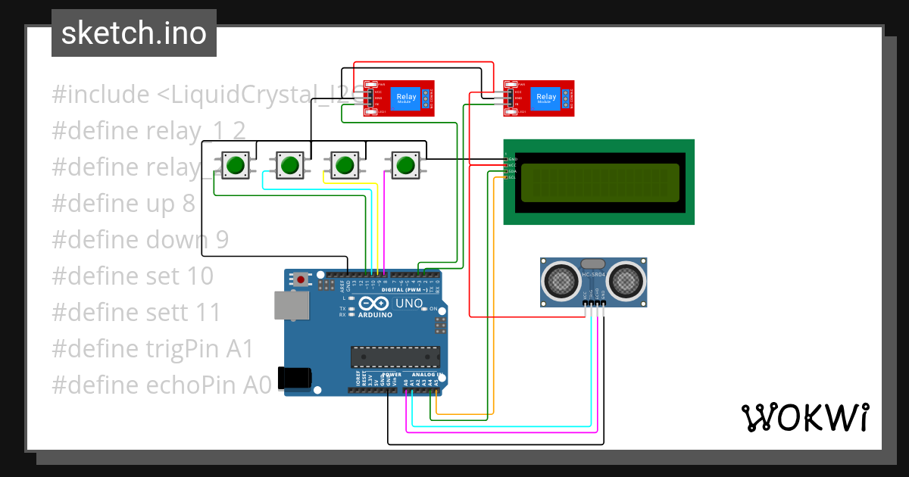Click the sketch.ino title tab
tap(133, 33)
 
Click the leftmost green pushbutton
tap(236, 164)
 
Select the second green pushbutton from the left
tap(289, 164)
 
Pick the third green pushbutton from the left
tap(345, 164)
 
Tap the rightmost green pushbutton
tap(405, 164)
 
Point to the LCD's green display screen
tap(598, 182)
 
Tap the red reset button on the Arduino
tap(301, 279)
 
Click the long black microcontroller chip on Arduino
tap(395, 357)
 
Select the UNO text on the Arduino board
tap(409, 303)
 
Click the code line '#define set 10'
tap(133, 276)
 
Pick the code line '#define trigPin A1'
tap(152, 348)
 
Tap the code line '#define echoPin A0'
tap(161, 385)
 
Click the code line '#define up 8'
tap(123, 204)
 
